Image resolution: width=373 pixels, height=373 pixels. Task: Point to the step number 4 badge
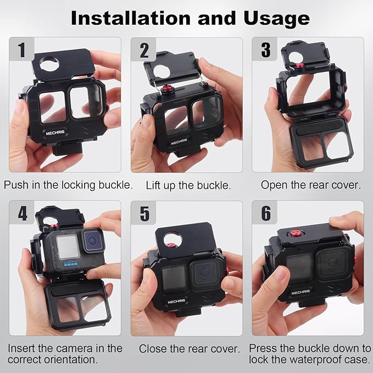[22, 213]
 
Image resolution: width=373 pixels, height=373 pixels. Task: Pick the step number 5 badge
[144, 213]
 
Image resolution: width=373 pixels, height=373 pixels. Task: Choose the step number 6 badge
[265, 213]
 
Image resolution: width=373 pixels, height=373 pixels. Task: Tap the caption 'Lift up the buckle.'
[187, 185]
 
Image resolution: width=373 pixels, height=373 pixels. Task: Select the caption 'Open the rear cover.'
[310, 185]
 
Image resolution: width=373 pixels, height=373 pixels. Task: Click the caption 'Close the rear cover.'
[190, 349]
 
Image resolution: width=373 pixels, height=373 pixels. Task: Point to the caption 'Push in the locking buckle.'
[68, 185]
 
